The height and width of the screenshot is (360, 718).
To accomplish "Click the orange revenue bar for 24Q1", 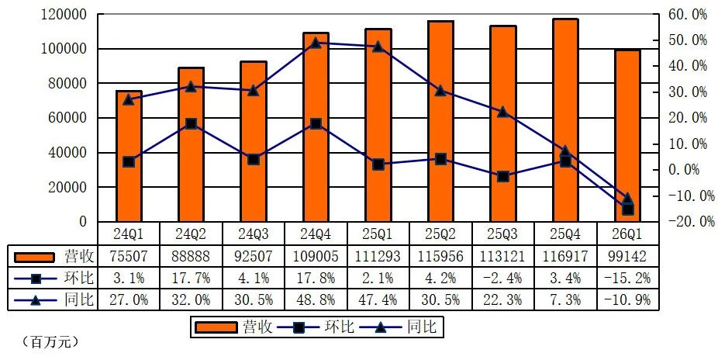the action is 129,156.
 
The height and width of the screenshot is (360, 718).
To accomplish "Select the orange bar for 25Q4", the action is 565,120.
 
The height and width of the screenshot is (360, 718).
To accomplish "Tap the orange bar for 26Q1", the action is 628,136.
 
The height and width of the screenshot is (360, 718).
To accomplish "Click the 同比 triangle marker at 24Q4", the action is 316,43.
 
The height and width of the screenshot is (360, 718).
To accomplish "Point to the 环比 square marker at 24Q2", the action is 192,123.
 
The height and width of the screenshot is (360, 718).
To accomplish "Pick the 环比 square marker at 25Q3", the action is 503,176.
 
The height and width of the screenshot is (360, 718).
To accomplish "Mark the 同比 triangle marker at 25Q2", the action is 440,90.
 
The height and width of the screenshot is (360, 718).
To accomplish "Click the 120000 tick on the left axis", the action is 64,14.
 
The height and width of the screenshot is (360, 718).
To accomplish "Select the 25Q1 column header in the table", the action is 378,234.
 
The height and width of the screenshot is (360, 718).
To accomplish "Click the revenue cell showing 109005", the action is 316,256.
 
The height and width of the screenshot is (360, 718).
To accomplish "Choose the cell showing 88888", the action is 192,256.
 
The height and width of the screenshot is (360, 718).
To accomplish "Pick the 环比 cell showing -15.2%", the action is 628,278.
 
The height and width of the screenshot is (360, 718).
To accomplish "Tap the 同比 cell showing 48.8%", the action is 316,299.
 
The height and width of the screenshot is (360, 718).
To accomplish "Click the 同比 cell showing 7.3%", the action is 565,299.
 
